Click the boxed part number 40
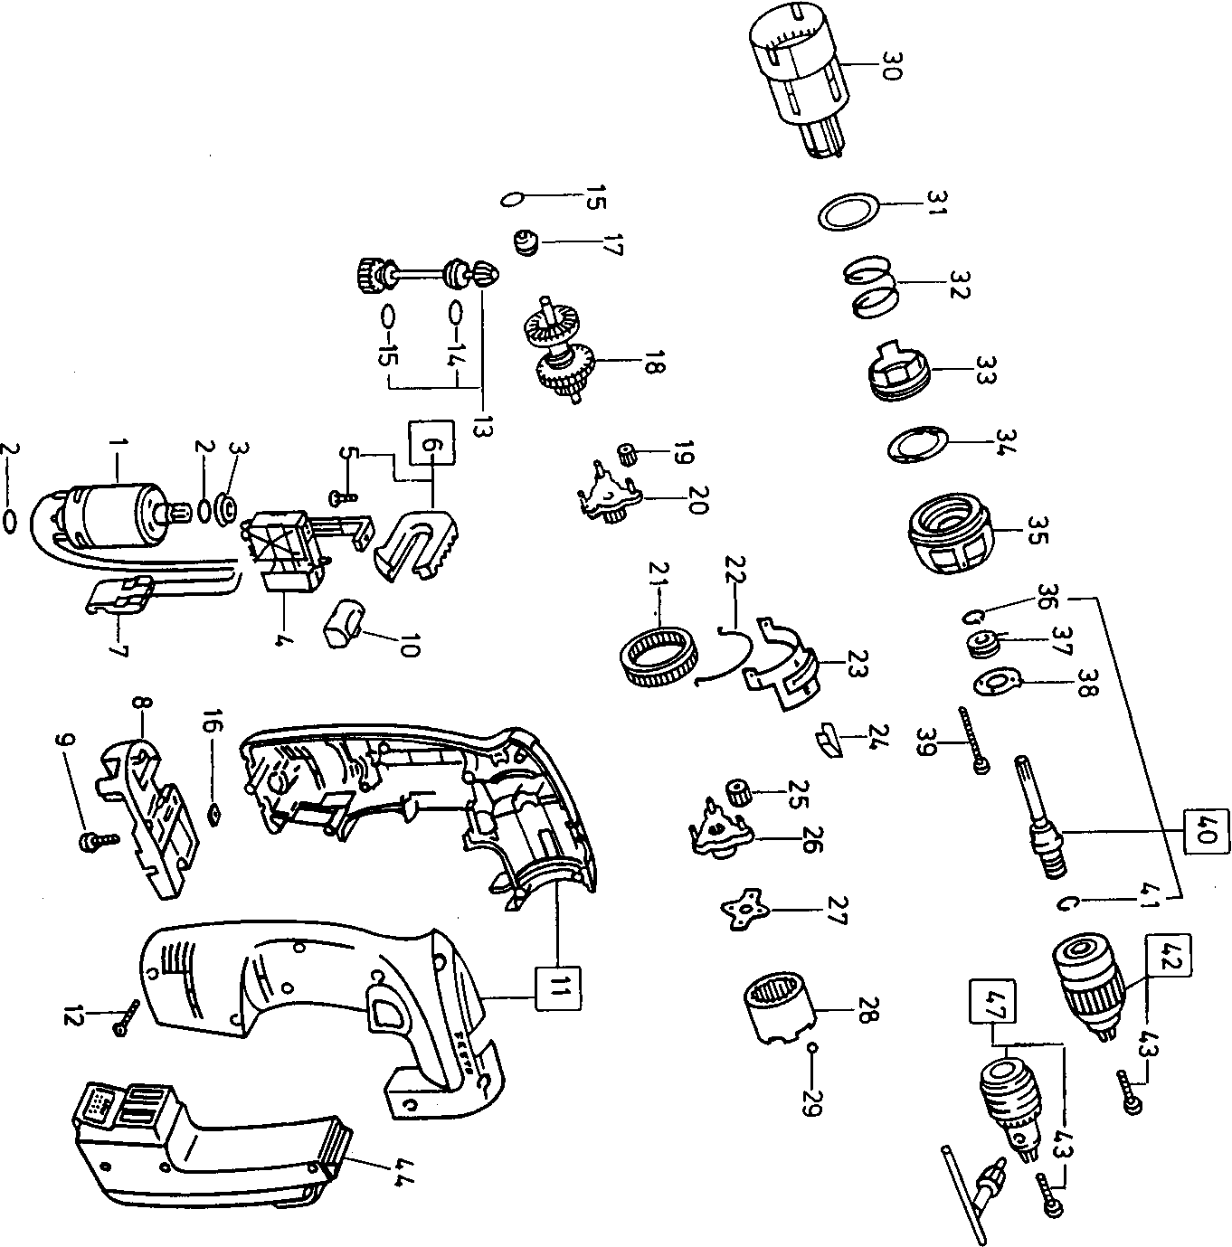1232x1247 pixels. (1204, 830)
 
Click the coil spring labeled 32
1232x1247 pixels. (868, 288)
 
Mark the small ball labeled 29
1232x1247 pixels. (813, 1047)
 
